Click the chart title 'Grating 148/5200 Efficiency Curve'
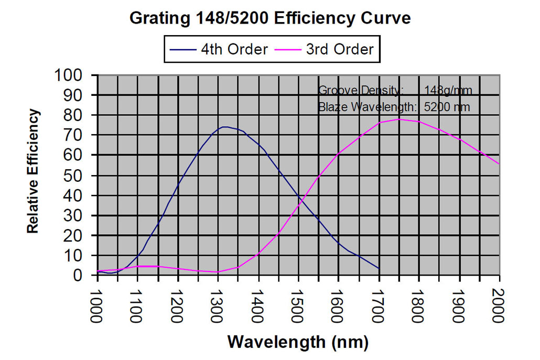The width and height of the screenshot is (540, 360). coord(269,18)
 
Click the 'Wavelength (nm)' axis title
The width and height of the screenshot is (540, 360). coord(298,342)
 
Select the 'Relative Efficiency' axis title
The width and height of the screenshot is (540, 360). coord(33,171)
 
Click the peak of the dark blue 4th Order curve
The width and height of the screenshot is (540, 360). coord(224,127)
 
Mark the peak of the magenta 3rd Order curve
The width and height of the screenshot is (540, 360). coord(398,119)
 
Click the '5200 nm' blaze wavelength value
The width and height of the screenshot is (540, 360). coord(447,107)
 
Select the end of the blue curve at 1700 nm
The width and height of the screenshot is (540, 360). coord(379,268)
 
